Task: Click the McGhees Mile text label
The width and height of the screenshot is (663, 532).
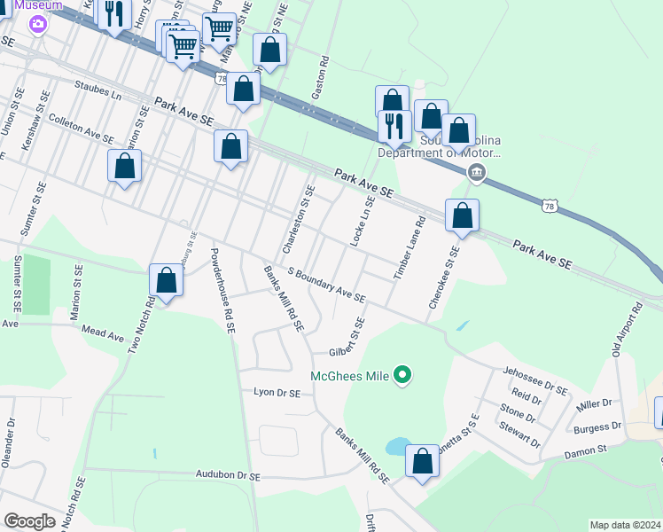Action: (350, 376)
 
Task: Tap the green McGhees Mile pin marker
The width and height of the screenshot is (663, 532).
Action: (402, 376)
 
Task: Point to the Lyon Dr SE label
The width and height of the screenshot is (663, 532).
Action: (277, 391)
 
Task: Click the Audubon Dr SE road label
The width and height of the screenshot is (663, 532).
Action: (229, 476)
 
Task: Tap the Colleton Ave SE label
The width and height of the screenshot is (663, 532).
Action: (81, 133)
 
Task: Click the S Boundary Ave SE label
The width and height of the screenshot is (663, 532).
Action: (326, 286)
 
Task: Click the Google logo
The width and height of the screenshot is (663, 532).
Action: (29, 521)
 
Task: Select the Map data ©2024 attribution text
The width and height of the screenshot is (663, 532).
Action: (625, 525)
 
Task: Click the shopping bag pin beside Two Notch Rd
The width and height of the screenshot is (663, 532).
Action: (166, 280)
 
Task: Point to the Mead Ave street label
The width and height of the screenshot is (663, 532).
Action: (104, 335)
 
